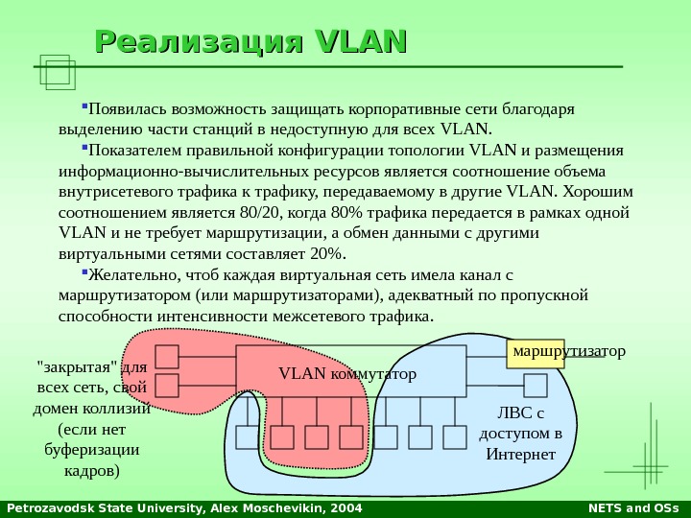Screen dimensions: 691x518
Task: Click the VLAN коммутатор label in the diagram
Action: click(x=347, y=372)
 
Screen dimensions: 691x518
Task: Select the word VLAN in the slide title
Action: click(x=359, y=42)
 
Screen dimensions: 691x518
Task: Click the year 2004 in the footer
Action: click(x=331, y=507)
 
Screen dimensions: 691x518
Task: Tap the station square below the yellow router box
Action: click(x=536, y=386)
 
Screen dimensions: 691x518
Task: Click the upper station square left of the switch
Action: click(x=167, y=357)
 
